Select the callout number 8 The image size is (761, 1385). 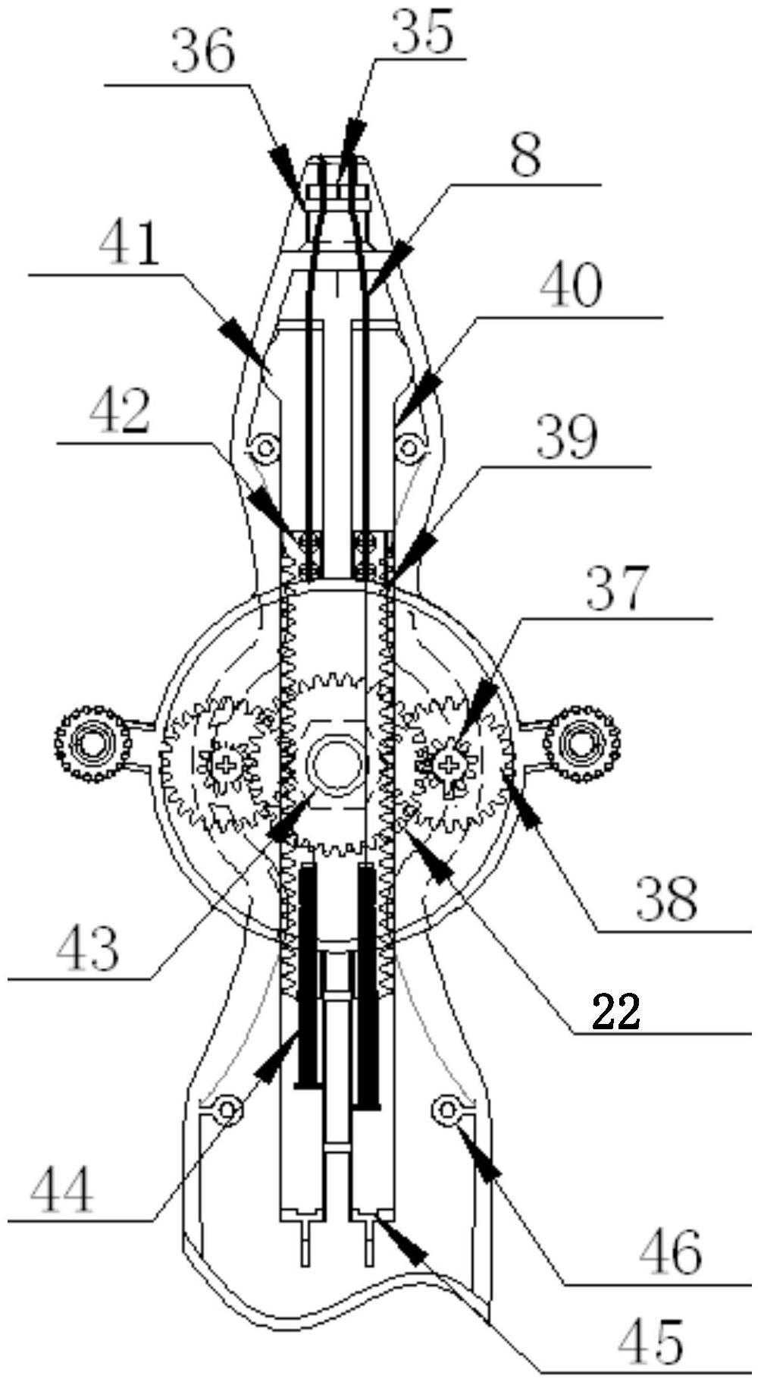click(x=525, y=155)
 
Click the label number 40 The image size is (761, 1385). click(x=571, y=286)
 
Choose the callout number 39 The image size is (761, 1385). click(x=566, y=438)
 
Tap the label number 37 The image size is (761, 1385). click(x=618, y=588)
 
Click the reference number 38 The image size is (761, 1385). click(x=666, y=899)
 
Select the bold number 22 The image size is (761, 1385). click(x=615, y=1011)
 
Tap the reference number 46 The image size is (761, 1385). click(x=672, y=1252)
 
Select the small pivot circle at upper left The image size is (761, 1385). click(x=265, y=448)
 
